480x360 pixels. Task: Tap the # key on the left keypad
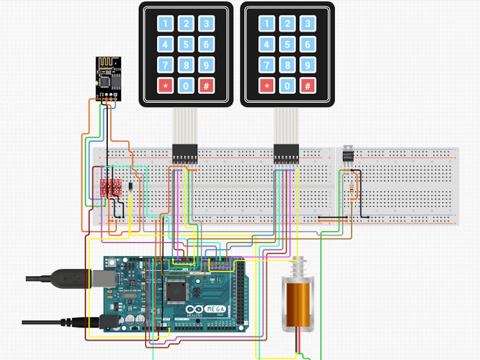(x=206, y=85)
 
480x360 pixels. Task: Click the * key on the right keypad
(x=267, y=85)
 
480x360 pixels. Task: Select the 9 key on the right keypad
(x=308, y=65)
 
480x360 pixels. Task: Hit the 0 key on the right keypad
(x=287, y=85)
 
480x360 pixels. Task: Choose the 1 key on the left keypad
(x=165, y=23)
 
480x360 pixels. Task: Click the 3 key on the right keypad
(x=308, y=23)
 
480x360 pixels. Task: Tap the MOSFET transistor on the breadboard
(x=348, y=154)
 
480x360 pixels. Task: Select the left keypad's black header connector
(x=185, y=154)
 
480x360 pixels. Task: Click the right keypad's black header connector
(x=286, y=154)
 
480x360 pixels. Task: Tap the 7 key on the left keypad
(x=165, y=65)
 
